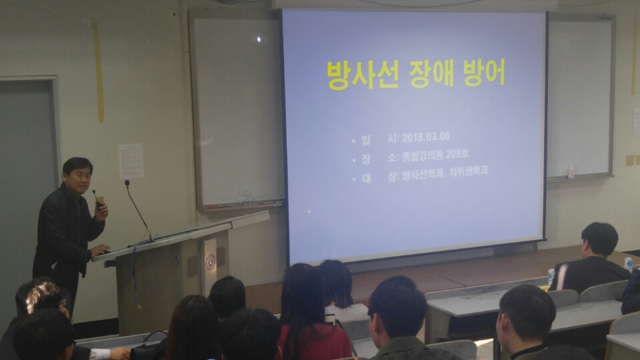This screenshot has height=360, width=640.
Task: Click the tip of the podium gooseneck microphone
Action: (127, 183)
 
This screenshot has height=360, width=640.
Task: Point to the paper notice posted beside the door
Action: (131, 161)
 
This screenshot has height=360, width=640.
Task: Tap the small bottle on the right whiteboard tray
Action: (570, 171)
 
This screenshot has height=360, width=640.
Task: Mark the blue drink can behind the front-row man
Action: (550, 275)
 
